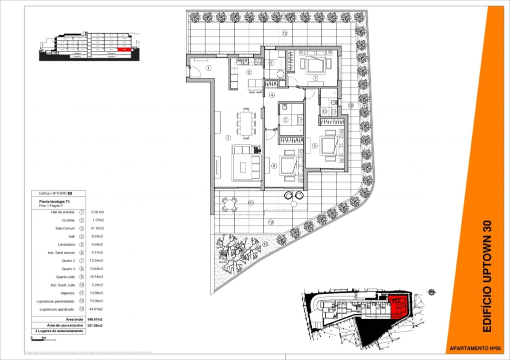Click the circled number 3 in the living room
pyautogui.click(x=228, y=138)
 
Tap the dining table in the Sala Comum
pyautogui.click(x=246, y=123)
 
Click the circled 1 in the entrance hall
pyautogui.click(x=208, y=68)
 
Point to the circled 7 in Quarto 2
pyautogui.click(x=315, y=78)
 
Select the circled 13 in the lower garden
pyautogui.click(x=265, y=243)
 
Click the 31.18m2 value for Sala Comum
pyautogui.click(x=97, y=228)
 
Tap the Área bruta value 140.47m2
pyautogui.click(x=94, y=319)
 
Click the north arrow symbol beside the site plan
pyautogui.click(x=431, y=292)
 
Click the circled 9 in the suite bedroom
pyautogui.click(x=315, y=145)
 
